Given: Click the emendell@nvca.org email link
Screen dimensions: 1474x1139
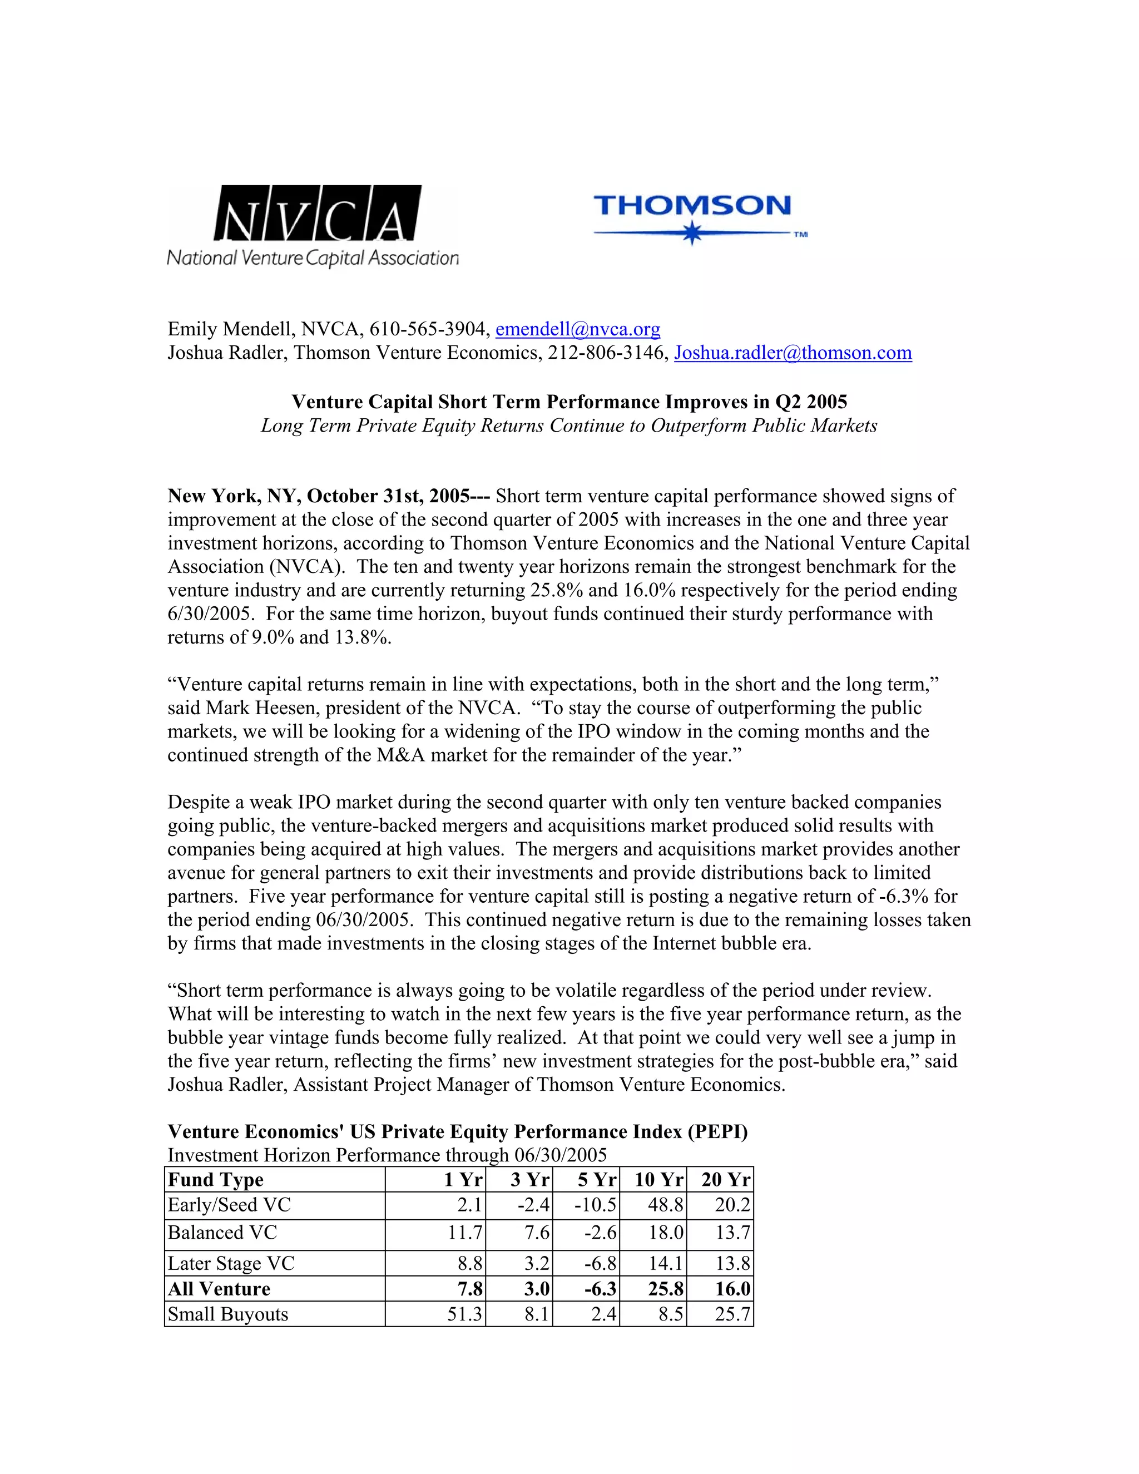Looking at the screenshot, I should click(x=578, y=329).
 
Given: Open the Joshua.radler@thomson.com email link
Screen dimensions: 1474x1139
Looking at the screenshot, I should click(x=793, y=353).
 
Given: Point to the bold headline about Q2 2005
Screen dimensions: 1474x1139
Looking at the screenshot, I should click(x=569, y=402).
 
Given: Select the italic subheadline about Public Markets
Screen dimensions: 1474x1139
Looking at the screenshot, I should click(x=569, y=426).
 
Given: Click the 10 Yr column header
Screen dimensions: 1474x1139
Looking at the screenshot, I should click(x=659, y=1180).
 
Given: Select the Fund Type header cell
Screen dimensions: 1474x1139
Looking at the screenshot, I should click(x=216, y=1180).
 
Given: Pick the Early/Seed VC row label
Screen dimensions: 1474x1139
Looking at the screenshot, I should click(x=230, y=1205).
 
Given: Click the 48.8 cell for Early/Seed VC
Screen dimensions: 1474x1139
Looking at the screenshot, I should click(x=665, y=1205).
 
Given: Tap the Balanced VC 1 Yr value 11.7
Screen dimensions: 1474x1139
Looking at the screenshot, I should click(x=465, y=1233).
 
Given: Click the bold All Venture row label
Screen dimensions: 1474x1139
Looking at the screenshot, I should click(x=219, y=1289).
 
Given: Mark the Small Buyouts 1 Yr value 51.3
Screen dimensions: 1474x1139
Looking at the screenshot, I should click(x=465, y=1314).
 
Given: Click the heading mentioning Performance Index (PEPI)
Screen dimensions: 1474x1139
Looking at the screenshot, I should click(x=458, y=1132).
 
